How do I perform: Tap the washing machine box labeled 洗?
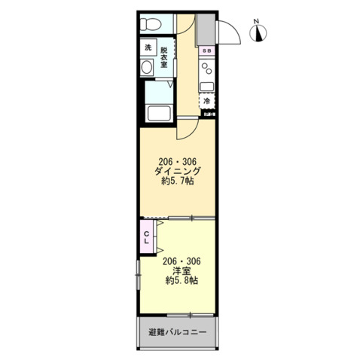tap(148, 49)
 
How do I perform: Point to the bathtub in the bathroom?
tap(159, 114)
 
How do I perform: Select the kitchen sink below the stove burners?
tap(208, 84)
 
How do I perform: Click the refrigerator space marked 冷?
tap(206, 100)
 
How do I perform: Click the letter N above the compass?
tap(258, 20)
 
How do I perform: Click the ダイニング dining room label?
tap(178, 171)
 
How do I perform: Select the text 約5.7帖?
tap(178, 182)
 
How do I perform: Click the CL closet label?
tap(148, 236)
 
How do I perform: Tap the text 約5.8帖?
tap(180, 281)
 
